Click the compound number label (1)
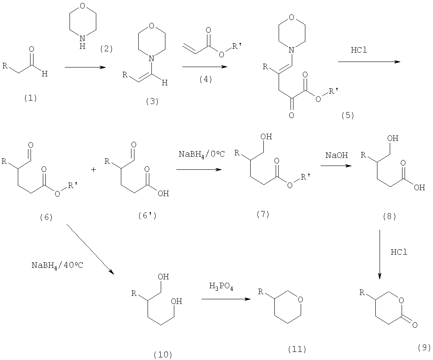(31, 98)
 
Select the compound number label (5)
(348, 115)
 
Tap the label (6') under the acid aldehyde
(148, 216)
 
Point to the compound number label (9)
(425, 347)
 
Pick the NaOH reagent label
(337, 155)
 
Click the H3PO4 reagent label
(221, 286)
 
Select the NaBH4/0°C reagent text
(201, 154)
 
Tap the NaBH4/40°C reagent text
(57, 265)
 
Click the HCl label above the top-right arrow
(359, 50)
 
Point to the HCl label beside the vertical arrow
(399, 252)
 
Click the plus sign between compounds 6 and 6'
(94, 169)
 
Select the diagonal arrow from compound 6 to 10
(90, 249)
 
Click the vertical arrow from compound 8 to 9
(380, 254)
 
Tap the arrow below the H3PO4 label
(226, 299)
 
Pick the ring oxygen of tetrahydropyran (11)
(300, 300)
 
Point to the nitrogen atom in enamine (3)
(151, 59)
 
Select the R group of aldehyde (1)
(5, 66)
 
